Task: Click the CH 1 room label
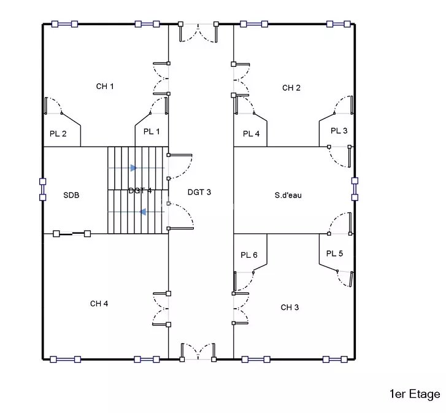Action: click(x=105, y=86)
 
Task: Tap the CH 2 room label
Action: click(x=291, y=88)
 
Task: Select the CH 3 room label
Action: click(x=290, y=307)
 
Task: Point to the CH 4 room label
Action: click(x=99, y=304)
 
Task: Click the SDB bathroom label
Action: click(x=71, y=195)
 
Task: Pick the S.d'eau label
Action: click(x=288, y=195)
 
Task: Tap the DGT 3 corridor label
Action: click(x=199, y=192)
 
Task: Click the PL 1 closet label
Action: click(x=152, y=132)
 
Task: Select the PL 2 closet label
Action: click(x=58, y=134)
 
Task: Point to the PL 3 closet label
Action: click(x=339, y=131)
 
